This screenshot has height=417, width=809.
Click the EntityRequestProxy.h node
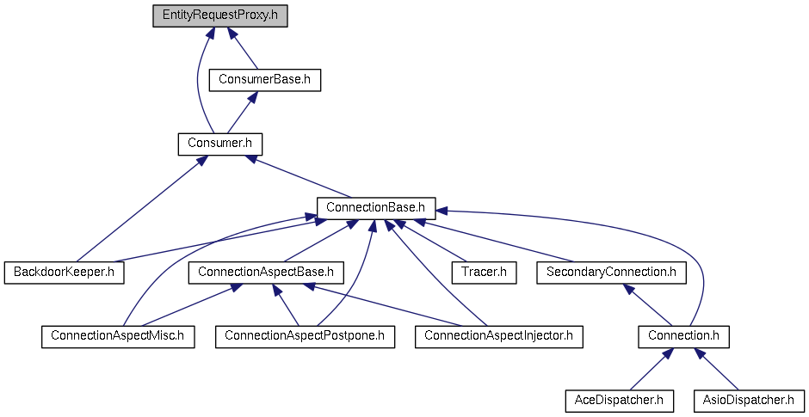click(x=219, y=16)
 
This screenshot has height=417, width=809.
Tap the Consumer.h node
click(x=219, y=144)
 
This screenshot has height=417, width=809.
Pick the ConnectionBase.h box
click(x=376, y=207)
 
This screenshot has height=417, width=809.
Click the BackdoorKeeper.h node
click(x=65, y=272)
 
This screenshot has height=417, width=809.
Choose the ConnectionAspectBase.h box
click(x=266, y=272)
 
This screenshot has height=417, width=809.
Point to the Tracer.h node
click(x=484, y=272)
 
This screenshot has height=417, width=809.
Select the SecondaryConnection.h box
click(x=611, y=272)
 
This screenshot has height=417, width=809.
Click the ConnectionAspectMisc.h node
click(x=118, y=335)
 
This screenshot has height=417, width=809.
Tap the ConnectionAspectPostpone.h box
click(x=305, y=335)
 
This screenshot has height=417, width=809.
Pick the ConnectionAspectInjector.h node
click(x=498, y=335)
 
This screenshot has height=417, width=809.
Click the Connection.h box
click(x=683, y=335)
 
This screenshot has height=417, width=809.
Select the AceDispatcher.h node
click(x=619, y=400)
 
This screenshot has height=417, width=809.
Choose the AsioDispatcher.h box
click(x=748, y=400)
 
